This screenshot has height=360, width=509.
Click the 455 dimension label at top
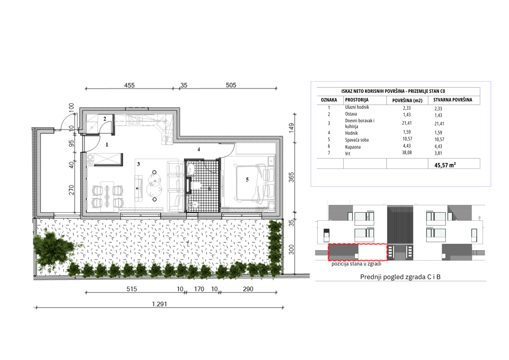coord(129,86)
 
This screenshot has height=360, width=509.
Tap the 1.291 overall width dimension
coord(160,304)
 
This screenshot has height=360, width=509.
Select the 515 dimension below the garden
coord(132,289)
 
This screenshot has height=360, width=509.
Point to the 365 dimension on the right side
coord(291,177)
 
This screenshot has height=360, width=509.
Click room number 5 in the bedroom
coord(247,180)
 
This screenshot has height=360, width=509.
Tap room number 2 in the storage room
coord(105,119)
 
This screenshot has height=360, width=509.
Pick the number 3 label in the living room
coord(138,164)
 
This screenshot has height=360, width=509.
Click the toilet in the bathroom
coord(196,185)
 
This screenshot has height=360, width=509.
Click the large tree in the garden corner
coord(53,249)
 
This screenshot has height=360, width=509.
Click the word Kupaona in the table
coord(353,147)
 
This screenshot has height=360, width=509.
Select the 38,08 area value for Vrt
coord(407,152)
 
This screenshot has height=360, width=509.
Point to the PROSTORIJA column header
coord(357,100)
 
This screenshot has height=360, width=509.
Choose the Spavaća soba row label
coord(357,140)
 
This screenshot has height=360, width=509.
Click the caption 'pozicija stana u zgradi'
coord(356,264)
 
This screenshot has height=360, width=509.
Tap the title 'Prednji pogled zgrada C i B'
coord(400,277)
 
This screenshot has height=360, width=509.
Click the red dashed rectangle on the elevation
coord(358,244)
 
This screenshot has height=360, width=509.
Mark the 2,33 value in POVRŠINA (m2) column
coord(407,108)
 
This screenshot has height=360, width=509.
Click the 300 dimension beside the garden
coord(291,250)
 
